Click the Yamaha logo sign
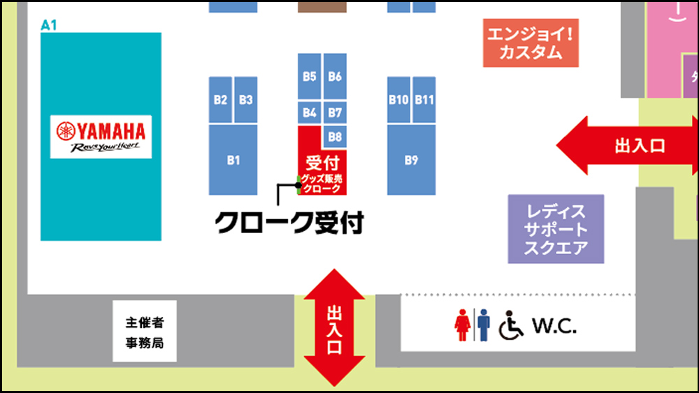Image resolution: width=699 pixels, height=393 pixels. pos(101,136)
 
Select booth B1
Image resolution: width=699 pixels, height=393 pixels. pos(233,160)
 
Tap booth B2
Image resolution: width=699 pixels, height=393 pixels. pos(220,100)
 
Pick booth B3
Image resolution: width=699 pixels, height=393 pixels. pos(245,100)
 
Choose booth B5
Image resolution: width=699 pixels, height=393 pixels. pos(310,76)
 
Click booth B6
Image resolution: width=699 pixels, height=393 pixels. pos(335,76)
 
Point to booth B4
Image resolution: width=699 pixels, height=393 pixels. pos(310,112)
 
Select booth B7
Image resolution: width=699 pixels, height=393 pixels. pos(335,112)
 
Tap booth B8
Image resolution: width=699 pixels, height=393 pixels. pos(335,137)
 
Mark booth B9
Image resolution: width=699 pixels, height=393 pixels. pos(411,160)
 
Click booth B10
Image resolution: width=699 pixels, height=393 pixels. pos(398,100)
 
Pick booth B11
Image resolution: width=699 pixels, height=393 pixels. pos(424,100)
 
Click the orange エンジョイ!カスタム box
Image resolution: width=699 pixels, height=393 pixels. pos(531,42)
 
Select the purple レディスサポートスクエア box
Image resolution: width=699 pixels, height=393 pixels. pos(556,229)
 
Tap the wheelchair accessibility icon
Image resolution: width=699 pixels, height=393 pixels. pos(511,325)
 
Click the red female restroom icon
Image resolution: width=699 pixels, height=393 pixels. pos(461,325)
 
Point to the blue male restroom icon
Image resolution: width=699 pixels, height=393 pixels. pos(483,325)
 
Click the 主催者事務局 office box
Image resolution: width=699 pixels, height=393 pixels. pos(145,332)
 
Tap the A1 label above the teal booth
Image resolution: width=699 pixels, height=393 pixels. pos(49,25)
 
